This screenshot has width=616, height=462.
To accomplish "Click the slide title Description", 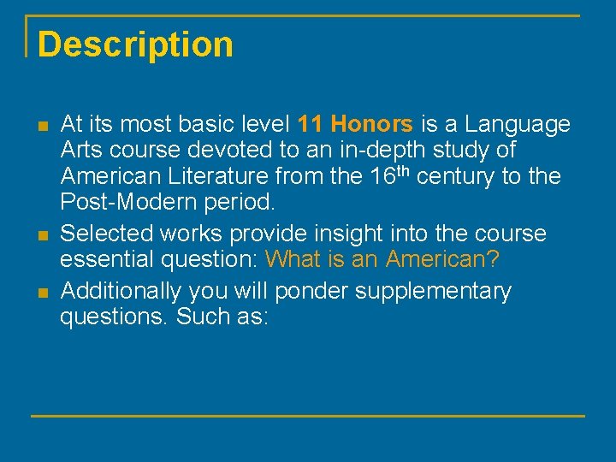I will [135, 44].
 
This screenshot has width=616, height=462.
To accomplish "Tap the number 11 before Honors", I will [311, 125].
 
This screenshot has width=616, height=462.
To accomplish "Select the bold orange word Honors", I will [371, 125].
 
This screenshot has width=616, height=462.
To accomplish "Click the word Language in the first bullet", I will [519, 125].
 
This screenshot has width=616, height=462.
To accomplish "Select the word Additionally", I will [121, 291].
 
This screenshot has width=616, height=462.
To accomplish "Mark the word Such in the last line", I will [202, 317].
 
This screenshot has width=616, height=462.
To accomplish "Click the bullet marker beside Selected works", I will [43, 235].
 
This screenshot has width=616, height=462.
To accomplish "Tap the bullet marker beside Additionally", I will [43, 293].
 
